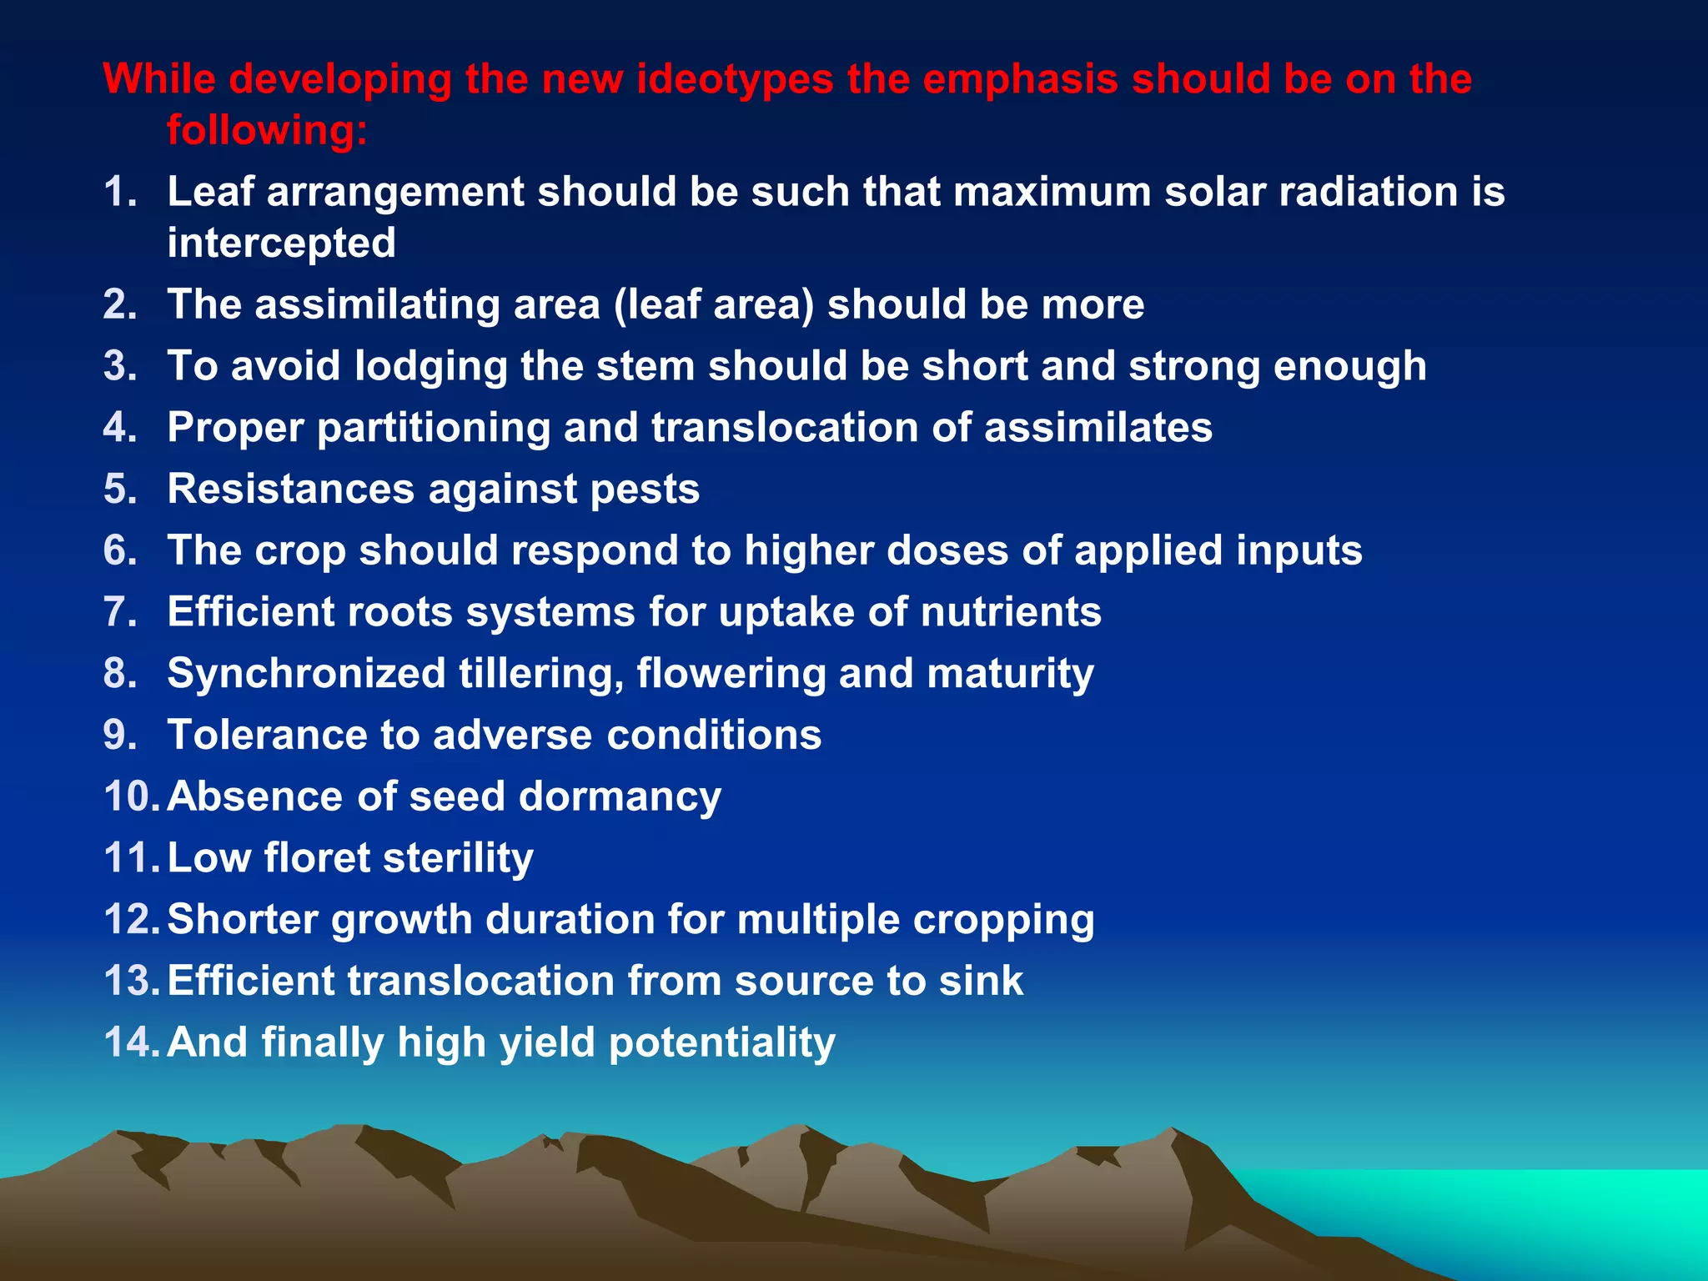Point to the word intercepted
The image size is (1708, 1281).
pos(281,244)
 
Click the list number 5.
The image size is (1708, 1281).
pos(120,490)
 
